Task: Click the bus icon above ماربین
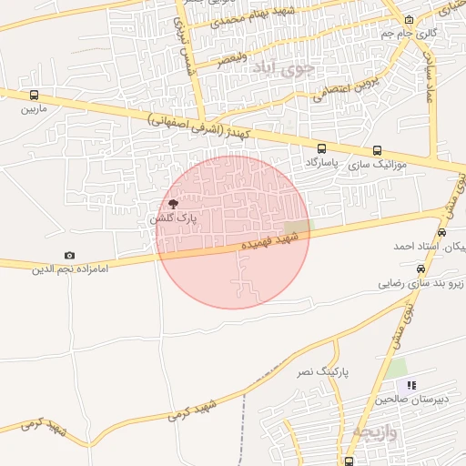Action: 35,95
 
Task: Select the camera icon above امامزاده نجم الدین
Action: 70,256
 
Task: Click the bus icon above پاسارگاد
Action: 321,148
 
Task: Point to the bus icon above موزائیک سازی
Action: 377,151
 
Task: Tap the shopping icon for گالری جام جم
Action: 410,20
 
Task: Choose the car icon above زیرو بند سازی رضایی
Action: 420,269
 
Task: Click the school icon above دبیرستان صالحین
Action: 411,386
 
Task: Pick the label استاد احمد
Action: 416,247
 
